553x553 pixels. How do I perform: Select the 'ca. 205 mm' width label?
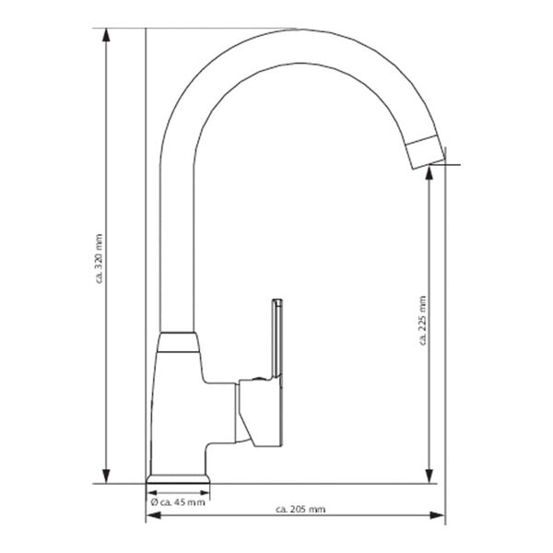(x=300, y=510)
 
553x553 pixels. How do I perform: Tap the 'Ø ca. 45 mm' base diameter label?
(x=178, y=502)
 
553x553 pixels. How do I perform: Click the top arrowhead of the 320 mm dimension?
(x=108, y=33)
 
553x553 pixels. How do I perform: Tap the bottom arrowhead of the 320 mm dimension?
(x=108, y=477)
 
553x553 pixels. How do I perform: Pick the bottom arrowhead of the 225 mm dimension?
(x=430, y=477)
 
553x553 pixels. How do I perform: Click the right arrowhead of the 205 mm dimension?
(x=441, y=516)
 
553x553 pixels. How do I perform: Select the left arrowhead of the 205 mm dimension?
(x=150, y=516)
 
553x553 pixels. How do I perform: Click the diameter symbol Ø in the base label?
(x=153, y=502)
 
